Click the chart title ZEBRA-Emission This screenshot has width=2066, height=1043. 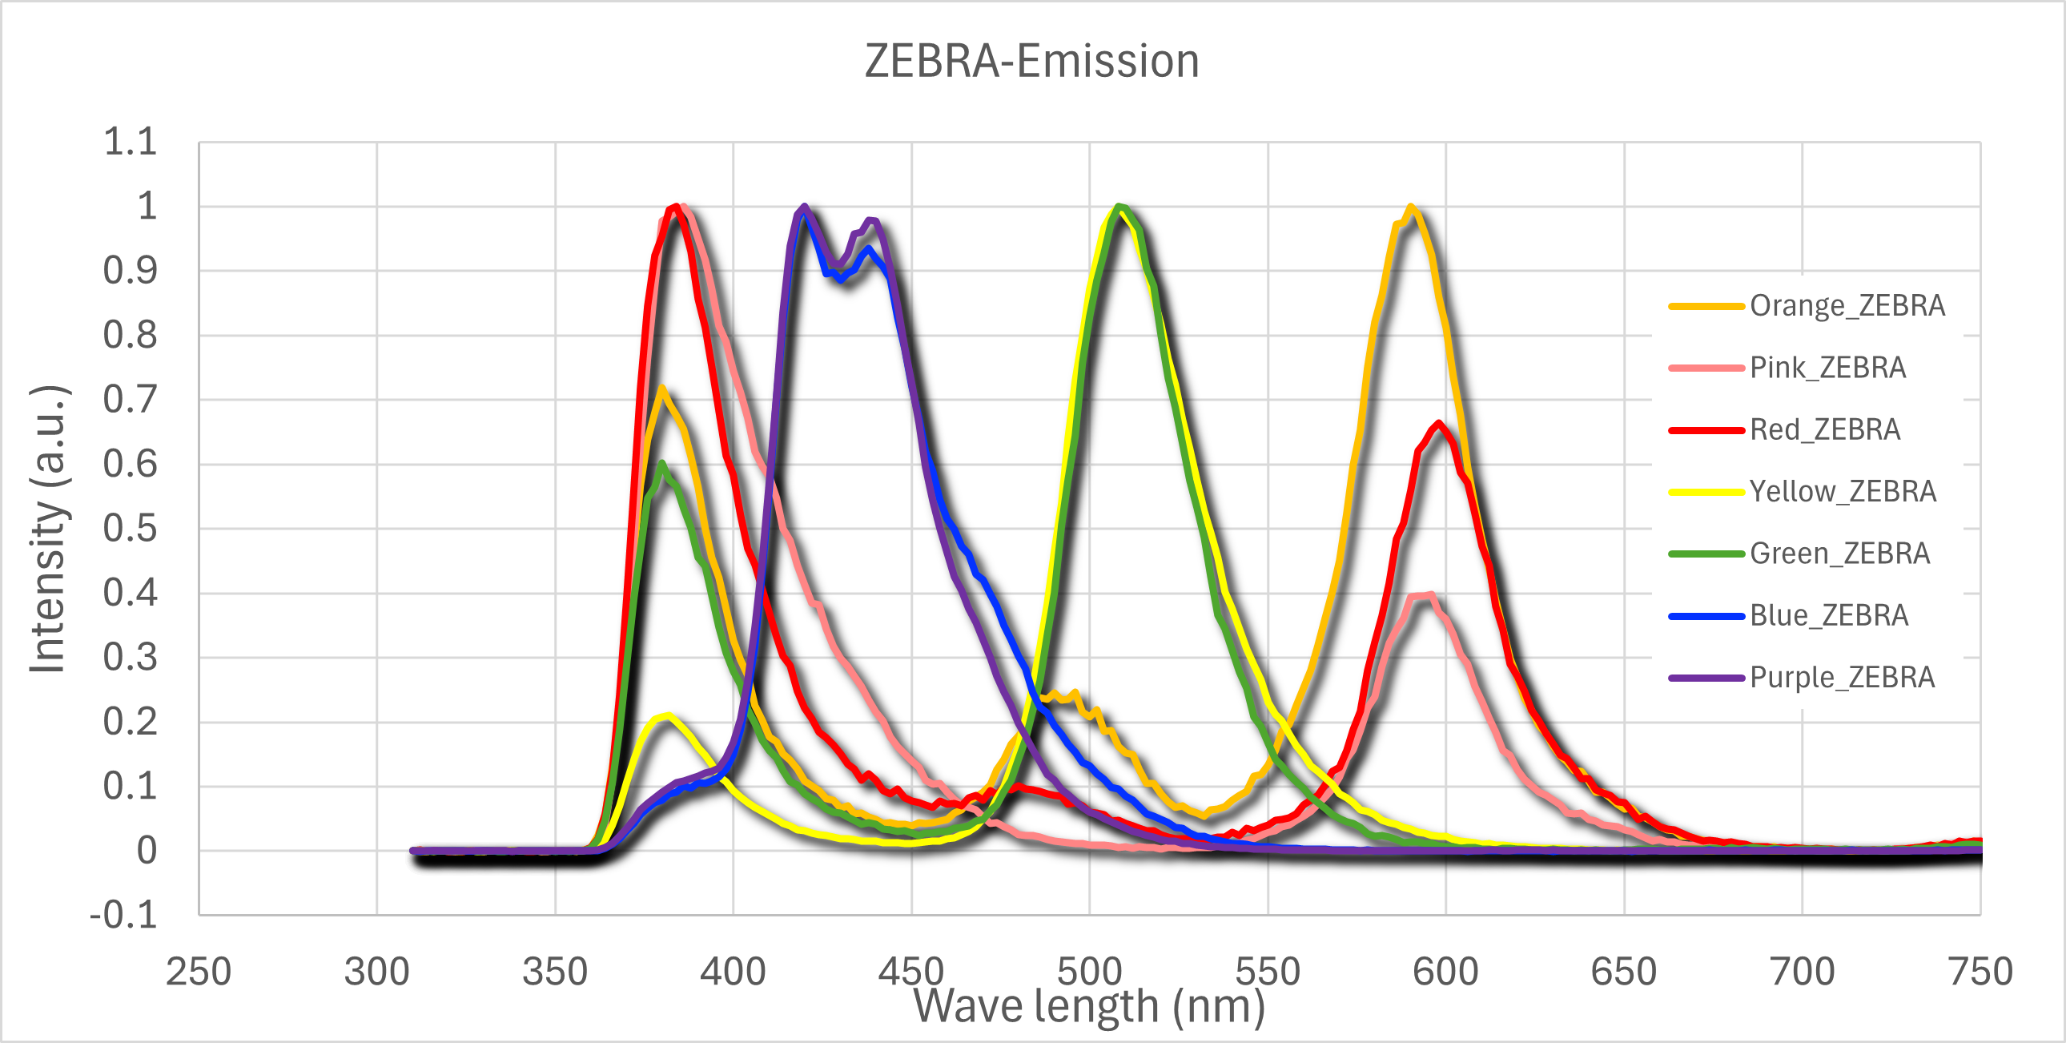(x=1031, y=61)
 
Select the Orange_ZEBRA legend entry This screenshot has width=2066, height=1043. (x=1847, y=306)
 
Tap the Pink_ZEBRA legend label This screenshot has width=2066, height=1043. (x=1827, y=368)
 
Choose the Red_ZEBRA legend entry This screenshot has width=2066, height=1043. (x=1825, y=429)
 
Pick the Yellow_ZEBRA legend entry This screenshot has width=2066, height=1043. (x=1843, y=491)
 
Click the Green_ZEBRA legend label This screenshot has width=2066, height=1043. (x=1839, y=554)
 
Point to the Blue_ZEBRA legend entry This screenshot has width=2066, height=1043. (x=1829, y=615)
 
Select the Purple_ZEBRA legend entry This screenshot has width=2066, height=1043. (x=1842, y=677)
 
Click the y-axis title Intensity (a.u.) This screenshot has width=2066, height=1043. (x=48, y=528)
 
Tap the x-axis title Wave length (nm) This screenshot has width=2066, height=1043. (x=1088, y=1006)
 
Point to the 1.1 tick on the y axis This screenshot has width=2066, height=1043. (x=130, y=142)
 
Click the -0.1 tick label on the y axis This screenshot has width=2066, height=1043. (x=123, y=915)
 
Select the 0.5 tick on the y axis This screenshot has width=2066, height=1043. (x=130, y=529)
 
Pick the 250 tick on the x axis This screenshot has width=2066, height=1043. (x=198, y=972)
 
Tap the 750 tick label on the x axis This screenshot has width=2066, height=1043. (x=1980, y=972)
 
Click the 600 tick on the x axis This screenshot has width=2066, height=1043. (x=1445, y=972)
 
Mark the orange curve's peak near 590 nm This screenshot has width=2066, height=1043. (x=1410, y=207)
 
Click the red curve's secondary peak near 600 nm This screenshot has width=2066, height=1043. (x=1441, y=424)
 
